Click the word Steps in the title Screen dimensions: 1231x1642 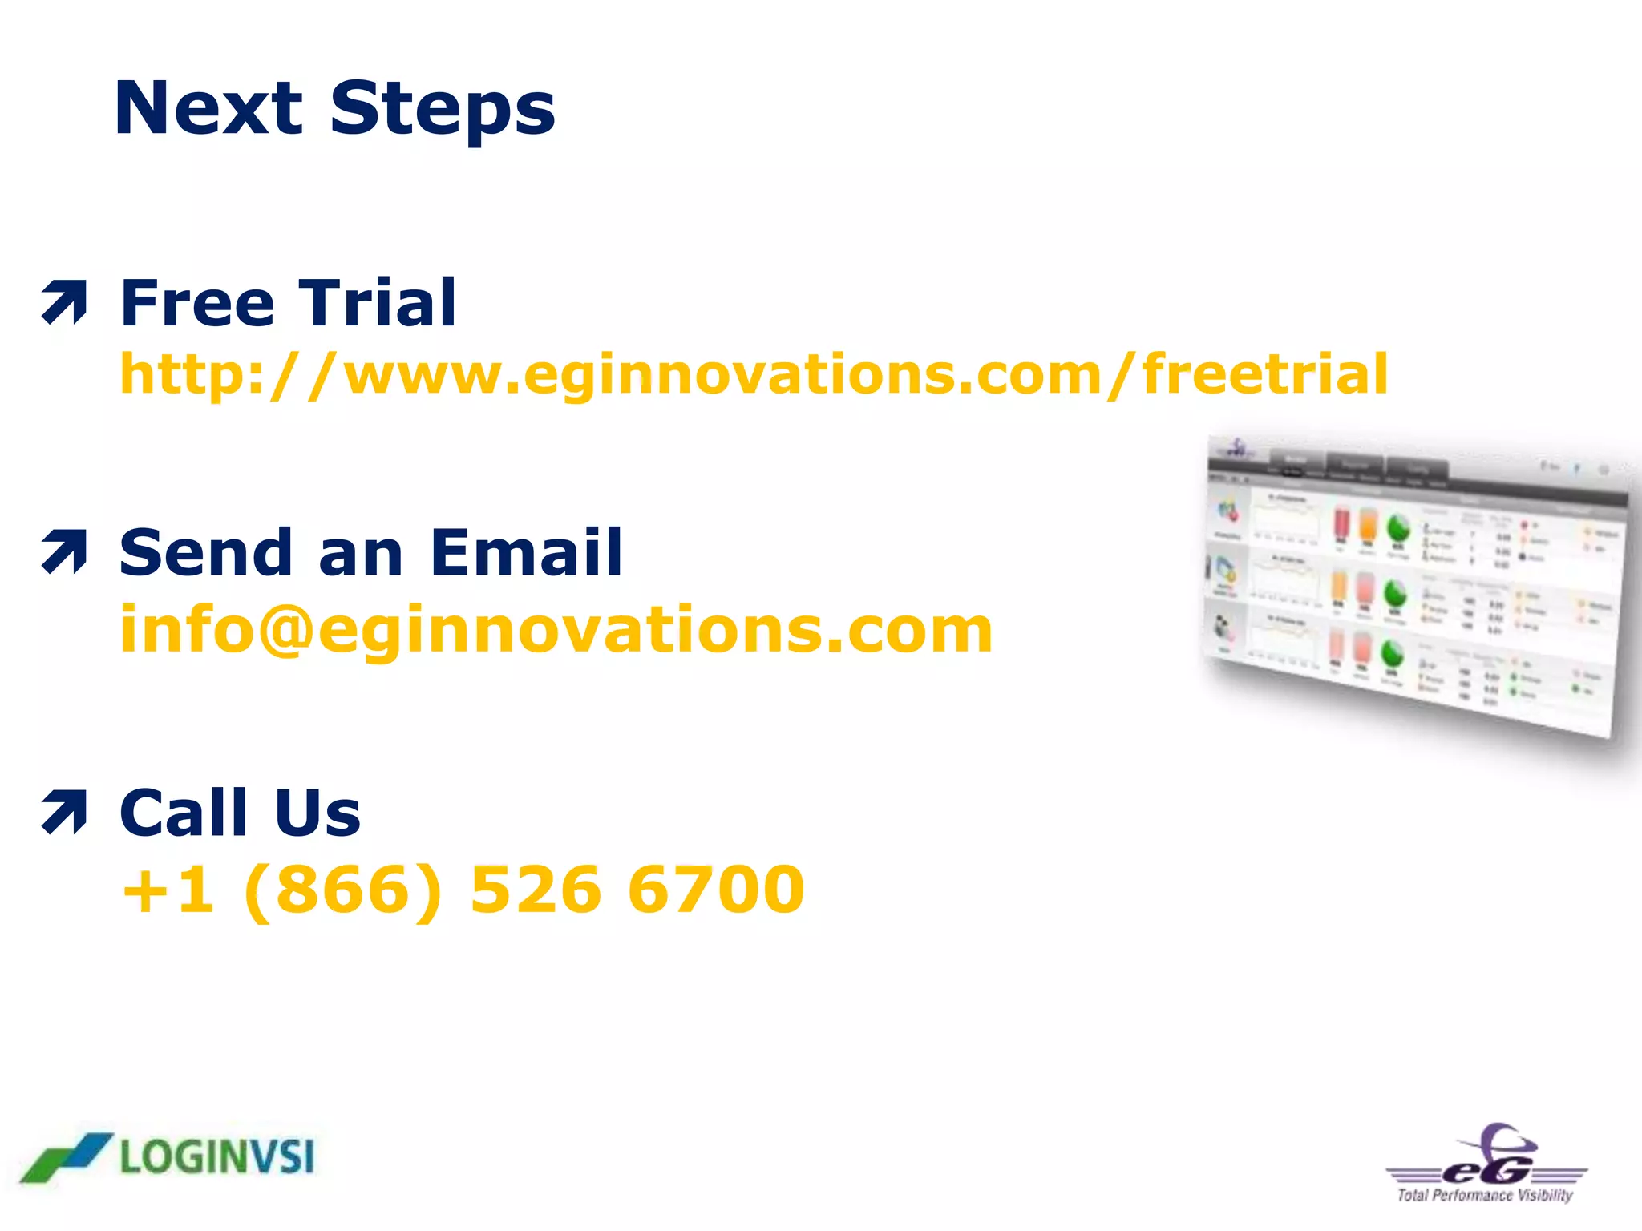pos(442,111)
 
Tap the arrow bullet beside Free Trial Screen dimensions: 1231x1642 pos(64,302)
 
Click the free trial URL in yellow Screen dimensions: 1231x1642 pos(754,374)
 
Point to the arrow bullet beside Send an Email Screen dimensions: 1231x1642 pos(64,552)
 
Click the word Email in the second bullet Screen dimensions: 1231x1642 pos(526,552)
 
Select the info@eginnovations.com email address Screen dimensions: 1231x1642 pos(556,630)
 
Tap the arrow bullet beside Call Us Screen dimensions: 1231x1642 pos(64,812)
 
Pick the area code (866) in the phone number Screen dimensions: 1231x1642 pos(342,890)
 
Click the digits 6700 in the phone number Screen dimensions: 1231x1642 pos(716,890)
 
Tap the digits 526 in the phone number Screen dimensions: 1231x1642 pos(536,890)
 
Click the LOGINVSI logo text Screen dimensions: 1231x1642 pos(217,1158)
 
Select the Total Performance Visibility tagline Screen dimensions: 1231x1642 pos(1485,1196)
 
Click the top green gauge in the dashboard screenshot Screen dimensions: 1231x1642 pos(1398,527)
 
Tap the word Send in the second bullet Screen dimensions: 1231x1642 pos(205,552)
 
